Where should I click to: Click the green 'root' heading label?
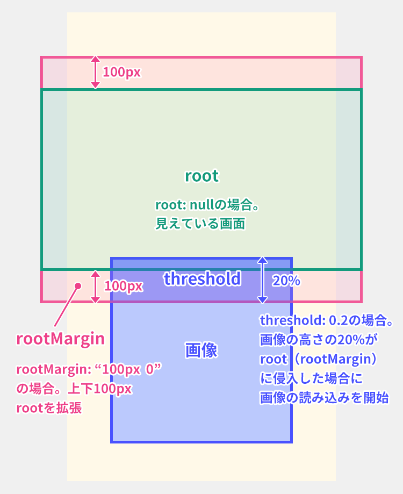click(x=201, y=176)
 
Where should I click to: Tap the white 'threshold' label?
click(x=202, y=278)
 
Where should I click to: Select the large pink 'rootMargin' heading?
click(x=60, y=339)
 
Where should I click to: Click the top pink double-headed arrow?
click(x=95, y=72)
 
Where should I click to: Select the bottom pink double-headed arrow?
click(x=95, y=286)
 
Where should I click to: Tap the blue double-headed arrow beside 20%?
click(x=262, y=280)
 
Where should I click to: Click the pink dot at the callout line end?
click(x=77, y=286)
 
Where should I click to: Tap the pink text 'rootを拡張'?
click(x=49, y=408)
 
